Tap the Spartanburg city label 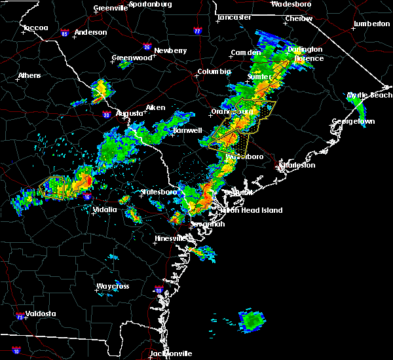point(149,4)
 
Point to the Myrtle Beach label point(369,95)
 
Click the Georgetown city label point(353,122)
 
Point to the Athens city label point(29,75)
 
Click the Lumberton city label point(371,24)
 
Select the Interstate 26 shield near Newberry point(147,47)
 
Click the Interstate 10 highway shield point(15,351)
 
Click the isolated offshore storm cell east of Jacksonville point(251,320)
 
